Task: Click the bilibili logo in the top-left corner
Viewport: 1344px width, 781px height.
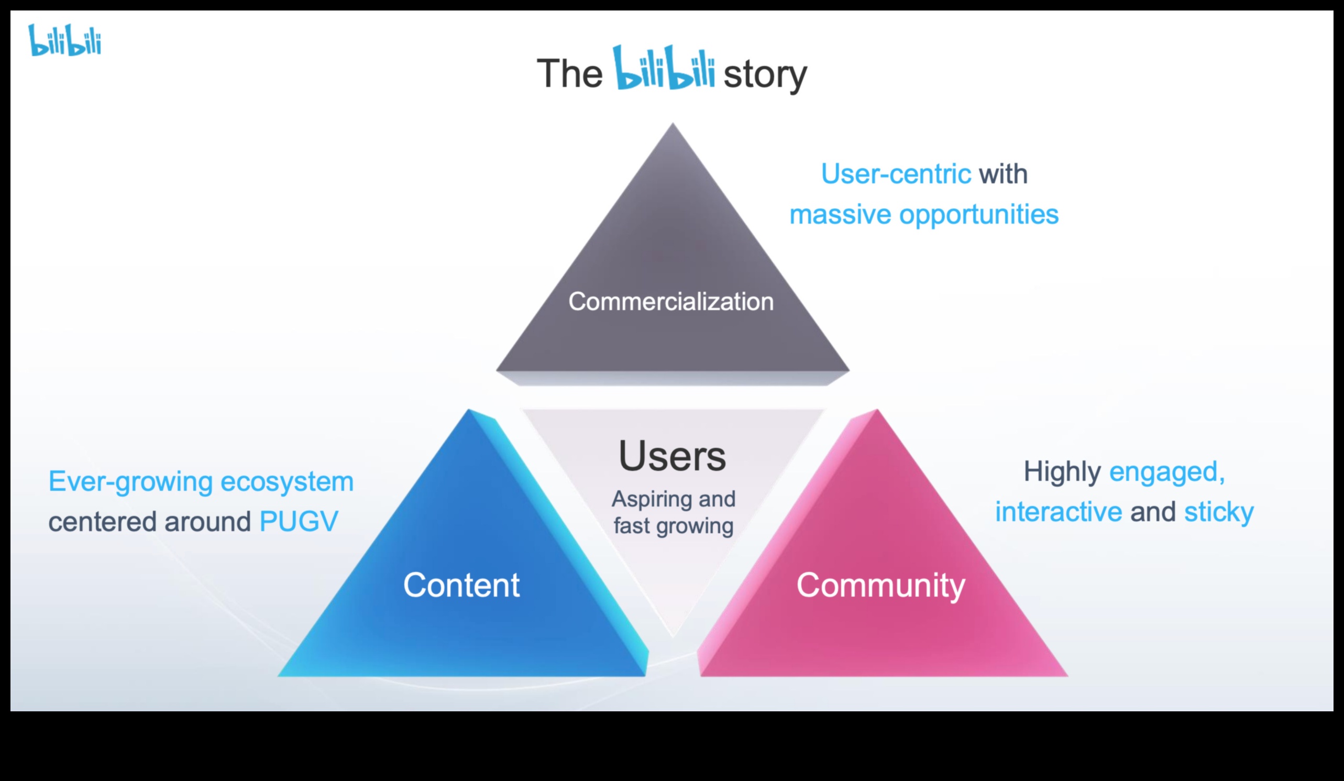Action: point(64,40)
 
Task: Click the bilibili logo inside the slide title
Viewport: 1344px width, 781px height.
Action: point(664,68)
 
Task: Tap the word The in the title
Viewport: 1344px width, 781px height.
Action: point(569,74)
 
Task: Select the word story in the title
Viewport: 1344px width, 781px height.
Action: point(765,75)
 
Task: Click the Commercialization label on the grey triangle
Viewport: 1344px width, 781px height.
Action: point(671,301)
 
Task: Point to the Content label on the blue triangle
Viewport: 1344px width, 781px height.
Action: point(461,585)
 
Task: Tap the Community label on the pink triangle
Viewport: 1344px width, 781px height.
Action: point(880,585)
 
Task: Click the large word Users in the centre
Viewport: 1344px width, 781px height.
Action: point(672,456)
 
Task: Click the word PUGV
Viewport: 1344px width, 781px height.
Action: point(299,521)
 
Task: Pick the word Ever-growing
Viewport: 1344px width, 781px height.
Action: point(130,482)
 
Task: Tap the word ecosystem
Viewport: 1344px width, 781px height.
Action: point(287,482)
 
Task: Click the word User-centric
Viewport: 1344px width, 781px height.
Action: point(896,174)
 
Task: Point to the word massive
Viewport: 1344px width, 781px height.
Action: point(840,215)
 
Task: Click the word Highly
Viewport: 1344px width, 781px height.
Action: point(1062,471)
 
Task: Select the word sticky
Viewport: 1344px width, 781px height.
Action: point(1219,512)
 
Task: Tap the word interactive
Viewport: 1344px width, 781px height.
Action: point(1059,512)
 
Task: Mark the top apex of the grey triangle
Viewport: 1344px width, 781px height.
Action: point(673,124)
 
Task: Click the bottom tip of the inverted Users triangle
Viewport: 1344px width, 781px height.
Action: point(673,635)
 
